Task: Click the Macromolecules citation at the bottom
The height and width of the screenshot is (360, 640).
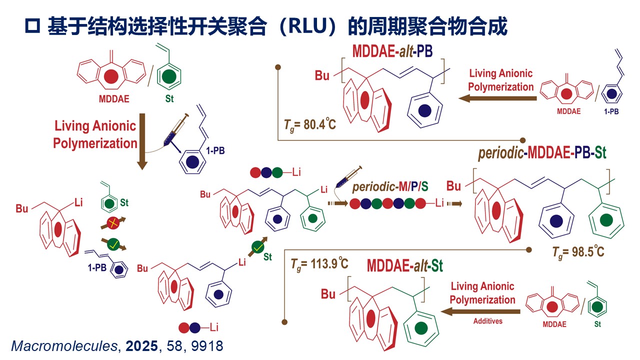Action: click(x=117, y=345)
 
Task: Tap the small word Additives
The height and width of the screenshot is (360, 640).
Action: click(x=487, y=321)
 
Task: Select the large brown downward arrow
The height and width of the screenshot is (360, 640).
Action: click(x=142, y=141)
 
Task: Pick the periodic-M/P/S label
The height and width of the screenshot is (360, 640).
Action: click(x=390, y=188)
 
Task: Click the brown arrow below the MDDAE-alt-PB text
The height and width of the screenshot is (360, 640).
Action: click(x=496, y=98)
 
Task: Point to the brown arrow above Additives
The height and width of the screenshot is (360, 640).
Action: click(x=480, y=311)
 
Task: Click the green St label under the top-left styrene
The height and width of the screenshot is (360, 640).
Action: click(x=169, y=98)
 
